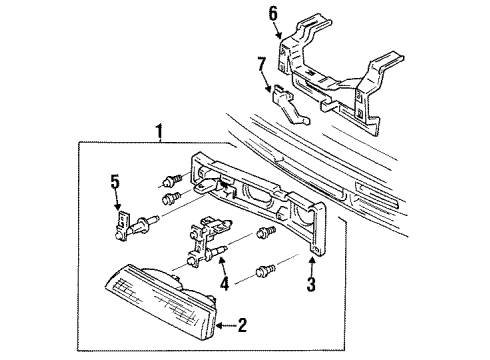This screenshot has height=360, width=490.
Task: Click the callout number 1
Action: point(156,131)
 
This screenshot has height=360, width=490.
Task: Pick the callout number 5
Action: point(116,182)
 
